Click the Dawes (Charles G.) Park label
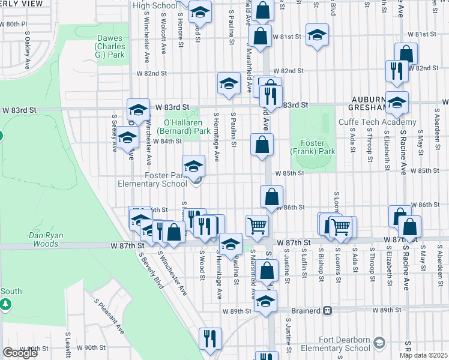pos(110,46)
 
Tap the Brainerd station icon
pos(327,310)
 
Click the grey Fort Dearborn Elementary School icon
pos(379,343)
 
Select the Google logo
pos(20,352)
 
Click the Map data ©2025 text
pos(423,355)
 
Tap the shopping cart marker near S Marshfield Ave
pos(257,226)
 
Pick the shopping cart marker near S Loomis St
pos(341,226)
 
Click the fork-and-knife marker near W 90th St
pos(210,338)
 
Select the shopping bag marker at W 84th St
pos(262,145)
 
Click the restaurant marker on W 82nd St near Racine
pos(397,70)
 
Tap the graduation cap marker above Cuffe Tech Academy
pos(397,102)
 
